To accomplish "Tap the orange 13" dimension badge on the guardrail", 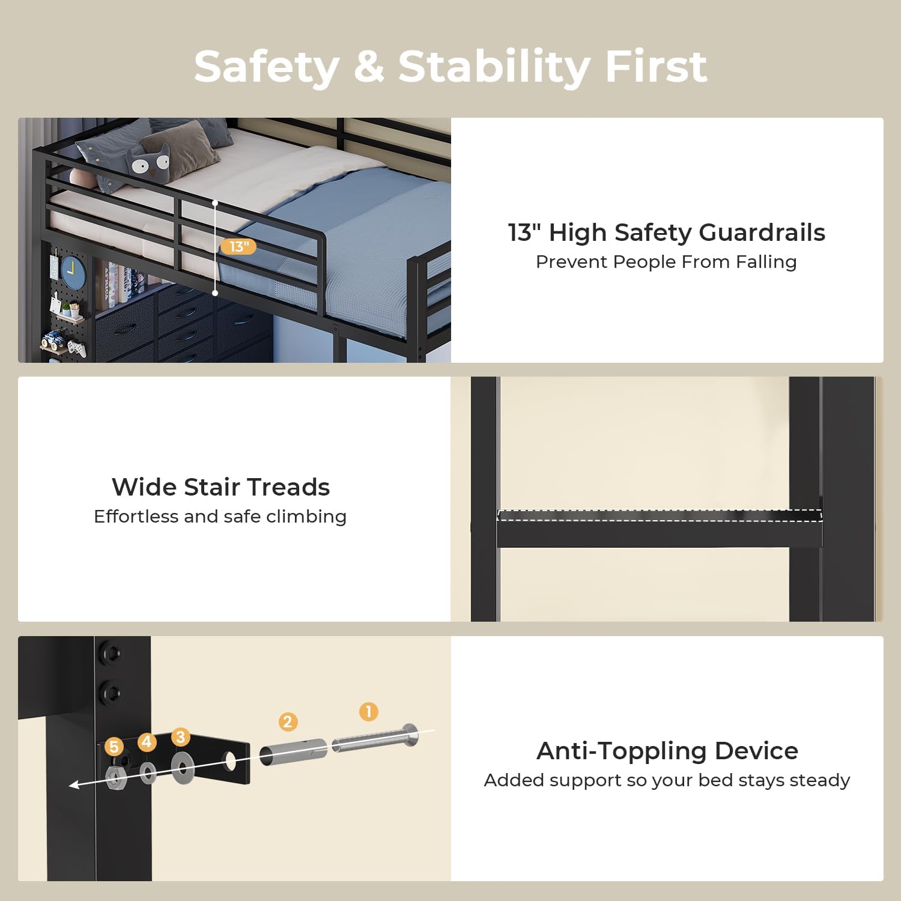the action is point(238,246).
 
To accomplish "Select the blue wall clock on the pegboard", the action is point(73,271).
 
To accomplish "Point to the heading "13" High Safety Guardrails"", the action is point(667,232).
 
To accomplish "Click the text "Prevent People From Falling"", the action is point(666,262).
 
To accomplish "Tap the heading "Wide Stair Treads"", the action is point(220,487).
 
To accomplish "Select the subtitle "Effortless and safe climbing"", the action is point(220,517).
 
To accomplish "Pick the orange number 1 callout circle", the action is point(368,712).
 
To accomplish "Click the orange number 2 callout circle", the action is point(288,721).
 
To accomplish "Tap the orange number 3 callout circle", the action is point(180,736).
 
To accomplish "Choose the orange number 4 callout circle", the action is point(147,742).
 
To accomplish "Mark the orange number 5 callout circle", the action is point(114,747).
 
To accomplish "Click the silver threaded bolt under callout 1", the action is point(375,738).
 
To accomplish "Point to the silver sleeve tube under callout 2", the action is point(293,751).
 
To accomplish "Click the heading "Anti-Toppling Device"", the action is point(667,751).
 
